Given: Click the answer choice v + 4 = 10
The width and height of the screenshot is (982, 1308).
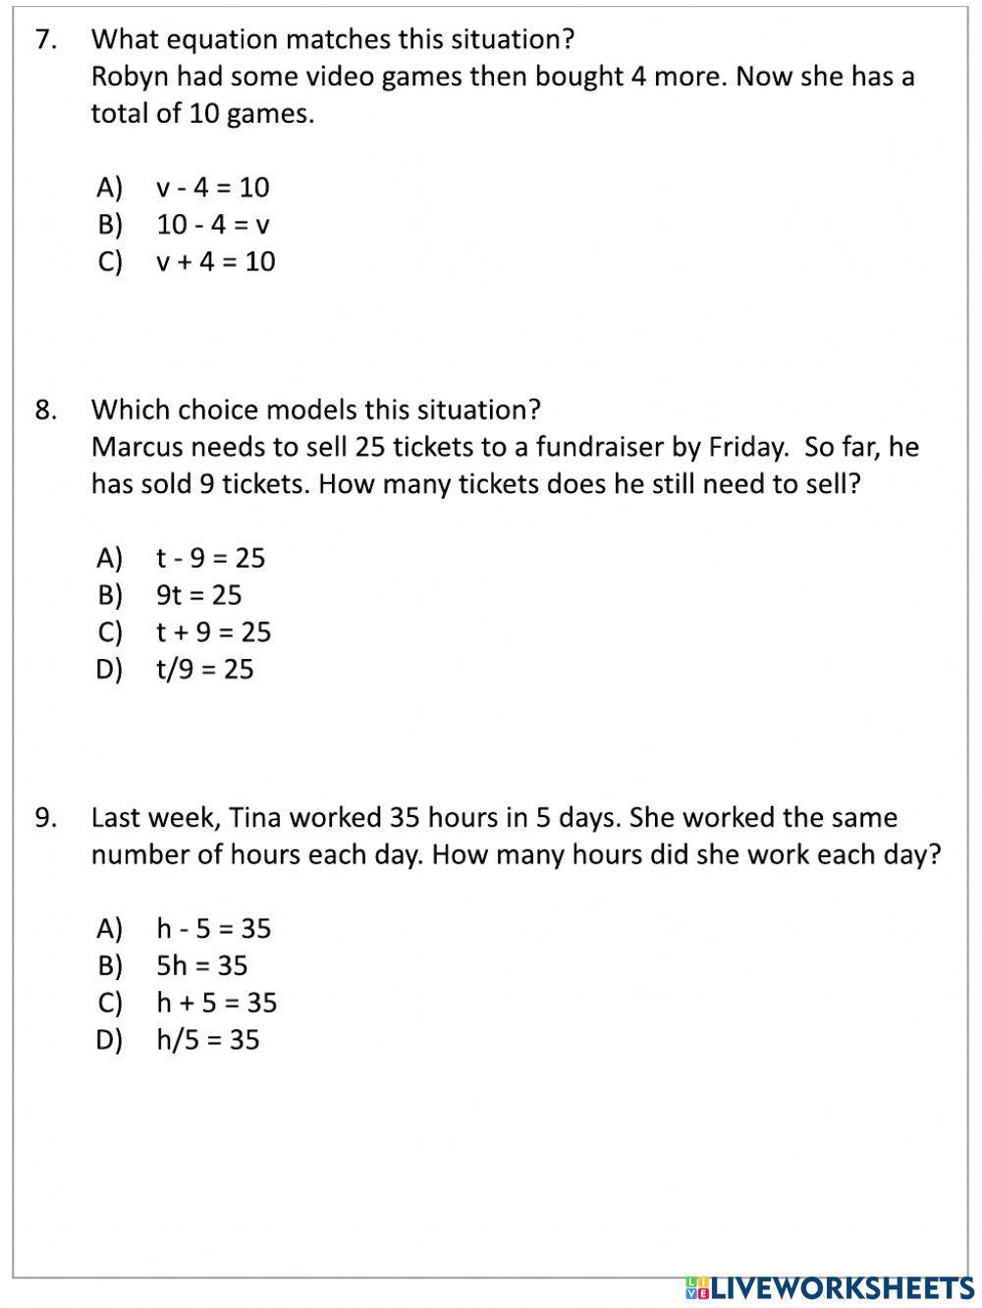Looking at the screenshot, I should [x=215, y=261].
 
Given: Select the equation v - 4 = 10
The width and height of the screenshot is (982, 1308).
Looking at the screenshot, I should [x=212, y=187].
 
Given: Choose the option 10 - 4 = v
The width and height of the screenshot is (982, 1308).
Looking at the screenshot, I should [x=212, y=224].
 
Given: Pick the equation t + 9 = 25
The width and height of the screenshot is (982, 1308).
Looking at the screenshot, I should [x=213, y=631].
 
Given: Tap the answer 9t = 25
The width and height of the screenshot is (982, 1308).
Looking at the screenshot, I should [x=198, y=594].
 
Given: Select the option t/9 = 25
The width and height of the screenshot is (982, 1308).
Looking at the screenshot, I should [x=204, y=669].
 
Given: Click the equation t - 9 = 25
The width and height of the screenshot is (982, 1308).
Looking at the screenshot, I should [x=210, y=558].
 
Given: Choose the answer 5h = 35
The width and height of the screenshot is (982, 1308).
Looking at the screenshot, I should [x=201, y=965].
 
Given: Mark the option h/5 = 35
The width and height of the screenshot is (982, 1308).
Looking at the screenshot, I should [x=207, y=1039].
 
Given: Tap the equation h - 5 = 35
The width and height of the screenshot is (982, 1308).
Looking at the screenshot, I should [x=213, y=928].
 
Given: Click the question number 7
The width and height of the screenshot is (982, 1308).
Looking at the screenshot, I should [x=45, y=39].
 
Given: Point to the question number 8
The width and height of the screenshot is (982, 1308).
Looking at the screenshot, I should [x=45, y=409].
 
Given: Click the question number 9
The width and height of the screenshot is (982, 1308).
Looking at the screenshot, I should [x=45, y=817].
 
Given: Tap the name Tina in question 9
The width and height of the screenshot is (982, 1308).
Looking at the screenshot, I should [x=255, y=817].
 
